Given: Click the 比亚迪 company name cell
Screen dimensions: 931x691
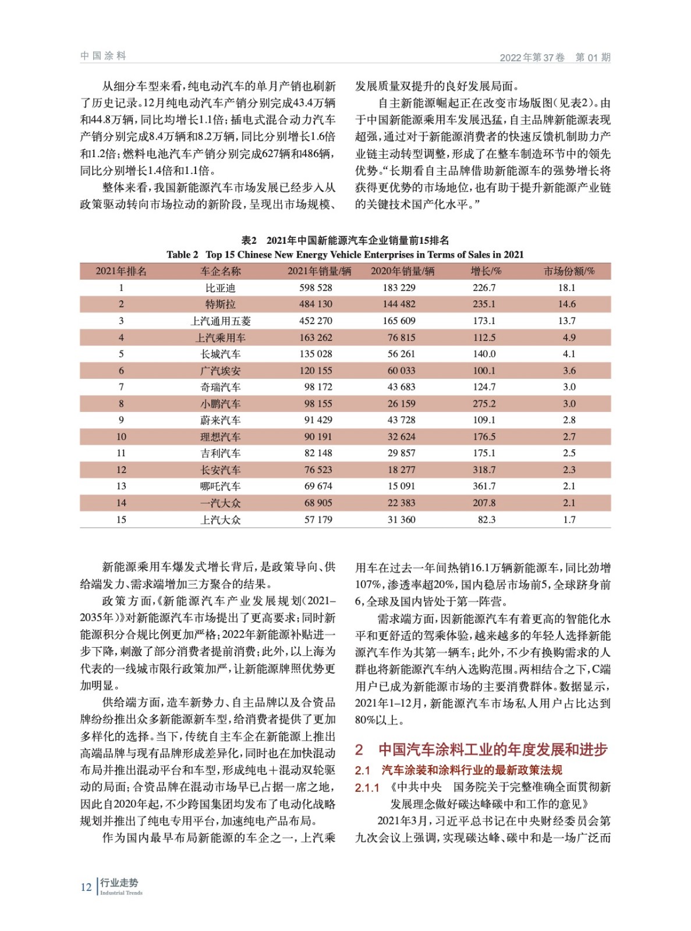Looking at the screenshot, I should [x=220, y=287].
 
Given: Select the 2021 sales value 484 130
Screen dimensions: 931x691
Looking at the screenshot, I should [x=316, y=304].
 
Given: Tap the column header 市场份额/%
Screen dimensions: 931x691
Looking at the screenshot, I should [x=569, y=271].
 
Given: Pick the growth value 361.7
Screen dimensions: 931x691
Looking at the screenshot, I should [x=484, y=486].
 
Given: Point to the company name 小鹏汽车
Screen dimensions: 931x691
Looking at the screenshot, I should [x=220, y=403].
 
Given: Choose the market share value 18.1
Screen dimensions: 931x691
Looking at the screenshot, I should [x=566, y=287].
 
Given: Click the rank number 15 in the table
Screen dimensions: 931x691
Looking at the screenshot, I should [x=121, y=520].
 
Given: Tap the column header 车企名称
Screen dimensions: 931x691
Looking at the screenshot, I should [x=220, y=271].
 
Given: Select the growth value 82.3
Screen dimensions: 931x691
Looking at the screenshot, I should [x=486, y=520].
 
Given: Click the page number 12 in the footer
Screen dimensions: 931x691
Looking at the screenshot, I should [x=86, y=887].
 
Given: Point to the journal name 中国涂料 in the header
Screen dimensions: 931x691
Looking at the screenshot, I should [x=103, y=56].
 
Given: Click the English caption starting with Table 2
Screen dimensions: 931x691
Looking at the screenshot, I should [x=345, y=254].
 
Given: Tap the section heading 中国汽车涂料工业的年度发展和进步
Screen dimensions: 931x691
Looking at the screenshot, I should [x=492, y=749].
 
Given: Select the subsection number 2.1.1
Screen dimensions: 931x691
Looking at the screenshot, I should [x=367, y=788].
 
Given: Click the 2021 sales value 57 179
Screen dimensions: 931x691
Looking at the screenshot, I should [x=318, y=520].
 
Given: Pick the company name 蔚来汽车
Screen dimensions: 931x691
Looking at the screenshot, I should [x=220, y=420].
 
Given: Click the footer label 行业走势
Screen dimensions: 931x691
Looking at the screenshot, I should [x=119, y=883].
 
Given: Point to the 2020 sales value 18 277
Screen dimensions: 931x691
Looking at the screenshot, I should [x=401, y=470].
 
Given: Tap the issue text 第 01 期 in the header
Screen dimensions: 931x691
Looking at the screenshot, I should [x=593, y=57].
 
